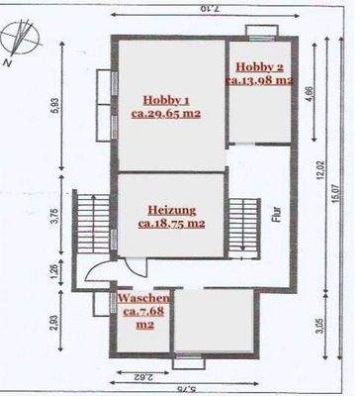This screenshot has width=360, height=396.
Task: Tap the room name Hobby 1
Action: tap(165, 100)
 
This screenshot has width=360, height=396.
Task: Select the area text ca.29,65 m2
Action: tap(165, 114)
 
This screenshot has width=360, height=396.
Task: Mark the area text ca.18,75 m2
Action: tap(172, 224)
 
